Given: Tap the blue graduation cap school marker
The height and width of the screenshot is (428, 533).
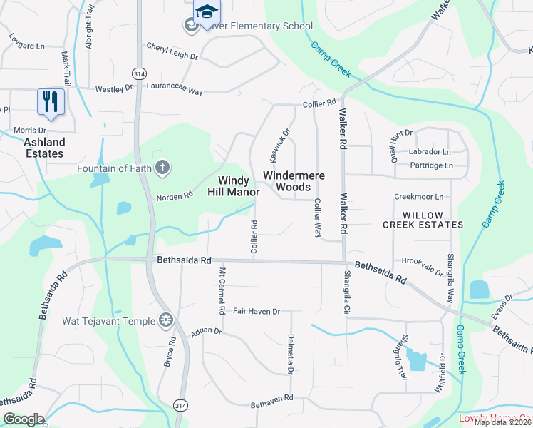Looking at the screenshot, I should click(207, 11).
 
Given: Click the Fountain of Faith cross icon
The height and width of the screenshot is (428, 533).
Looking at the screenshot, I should click(162, 168).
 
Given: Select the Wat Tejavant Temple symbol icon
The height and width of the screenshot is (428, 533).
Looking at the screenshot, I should click(166, 320).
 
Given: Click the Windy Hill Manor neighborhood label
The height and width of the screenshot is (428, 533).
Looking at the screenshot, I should click(233, 186).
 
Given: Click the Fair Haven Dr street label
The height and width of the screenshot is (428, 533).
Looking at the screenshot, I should click(257, 312).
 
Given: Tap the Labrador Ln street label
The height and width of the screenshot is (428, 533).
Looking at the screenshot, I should click(430, 152).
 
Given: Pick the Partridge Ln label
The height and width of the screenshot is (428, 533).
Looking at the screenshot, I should click(431, 165).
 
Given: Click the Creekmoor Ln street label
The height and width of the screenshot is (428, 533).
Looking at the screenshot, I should click(418, 197).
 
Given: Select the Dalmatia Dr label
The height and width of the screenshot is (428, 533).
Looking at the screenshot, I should click(291, 354).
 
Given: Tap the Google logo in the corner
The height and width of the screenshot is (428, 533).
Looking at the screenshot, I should click(24, 419).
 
